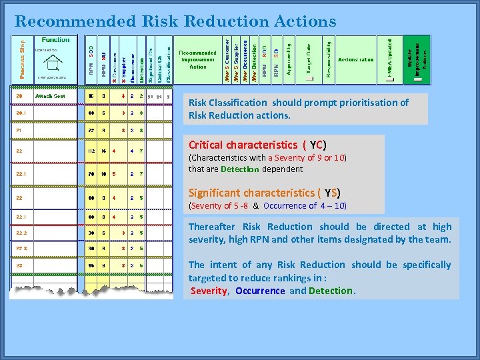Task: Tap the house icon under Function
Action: point(51,63)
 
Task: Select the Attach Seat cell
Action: point(50,96)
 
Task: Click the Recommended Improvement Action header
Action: point(198,59)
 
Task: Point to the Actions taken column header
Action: point(356,60)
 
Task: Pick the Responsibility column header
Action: point(329,60)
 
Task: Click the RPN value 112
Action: point(91,151)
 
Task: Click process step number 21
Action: point(19,131)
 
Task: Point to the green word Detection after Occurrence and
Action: point(331,291)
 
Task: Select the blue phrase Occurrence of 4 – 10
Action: point(305,206)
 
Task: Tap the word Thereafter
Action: point(212,227)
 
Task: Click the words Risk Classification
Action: point(227,103)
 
